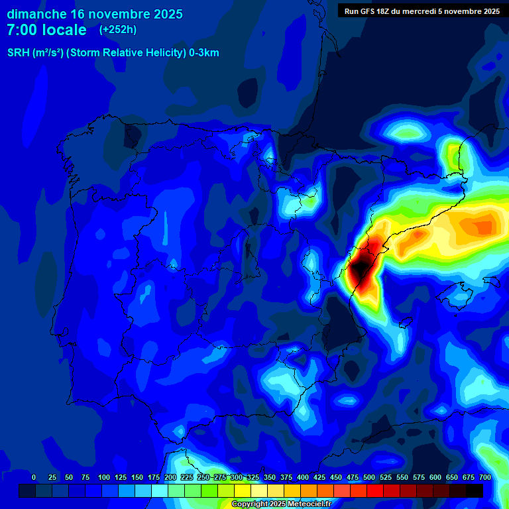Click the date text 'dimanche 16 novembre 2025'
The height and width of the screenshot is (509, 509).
tap(95, 14)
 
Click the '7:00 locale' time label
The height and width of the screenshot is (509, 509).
tap(46, 30)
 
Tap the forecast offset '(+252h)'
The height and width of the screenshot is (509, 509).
tap(118, 30)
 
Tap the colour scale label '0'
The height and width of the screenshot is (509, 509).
tap(34, 477)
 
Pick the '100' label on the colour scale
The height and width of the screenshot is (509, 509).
tap(104, 477)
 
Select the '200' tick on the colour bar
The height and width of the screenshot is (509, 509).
tap(170, 477)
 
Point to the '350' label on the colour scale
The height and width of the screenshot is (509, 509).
tap(270, 477)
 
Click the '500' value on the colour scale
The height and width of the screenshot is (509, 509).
tap(369, 477)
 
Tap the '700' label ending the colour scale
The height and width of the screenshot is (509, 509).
tap(484, 477)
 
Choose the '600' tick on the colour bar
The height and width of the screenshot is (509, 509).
tap(435, 477)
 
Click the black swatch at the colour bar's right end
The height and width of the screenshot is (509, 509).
tap(475, 490)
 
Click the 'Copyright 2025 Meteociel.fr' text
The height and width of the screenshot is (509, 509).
tap(281, 504)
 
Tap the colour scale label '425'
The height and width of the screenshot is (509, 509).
tap(319, 477)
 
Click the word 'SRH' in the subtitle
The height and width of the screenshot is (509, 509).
tap(18, 53)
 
